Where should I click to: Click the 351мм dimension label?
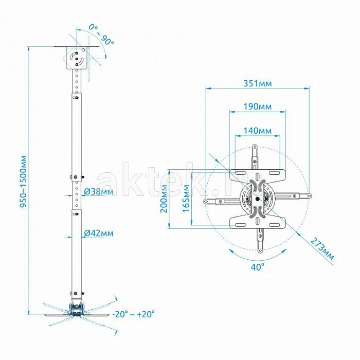pyautogui.click(x=257, y=83)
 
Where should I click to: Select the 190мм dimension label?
pyautogui.click(x=257, y=107)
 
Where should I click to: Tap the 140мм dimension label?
pyautogui.click(x=257, y=131)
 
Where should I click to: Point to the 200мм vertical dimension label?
pyautogui.click(x=164, y=199)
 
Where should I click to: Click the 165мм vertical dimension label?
pyautogui.click(x=186, y=199)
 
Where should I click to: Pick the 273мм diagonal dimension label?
pyautogui.click(x=322, y=249)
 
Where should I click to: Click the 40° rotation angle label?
pyautogui.click(x=257, y=267)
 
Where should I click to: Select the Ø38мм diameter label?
pyautogui.click(x=99, y=191)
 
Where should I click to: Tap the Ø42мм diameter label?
pyautogui.click(x=99, y=233)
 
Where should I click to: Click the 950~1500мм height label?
pyautogui.click(x=23, y=182)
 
